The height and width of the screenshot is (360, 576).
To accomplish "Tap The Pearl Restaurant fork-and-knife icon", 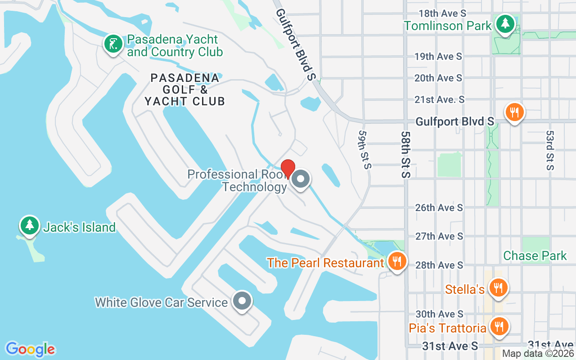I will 396,261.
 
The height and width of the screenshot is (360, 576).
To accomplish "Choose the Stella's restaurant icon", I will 498,288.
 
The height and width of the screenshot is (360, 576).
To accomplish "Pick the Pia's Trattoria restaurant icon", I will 498,327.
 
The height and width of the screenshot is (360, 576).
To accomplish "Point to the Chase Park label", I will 535,256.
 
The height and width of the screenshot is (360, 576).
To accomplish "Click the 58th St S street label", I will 406,154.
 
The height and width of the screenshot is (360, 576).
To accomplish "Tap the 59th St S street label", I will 365,150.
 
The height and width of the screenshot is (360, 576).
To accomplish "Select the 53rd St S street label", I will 549,151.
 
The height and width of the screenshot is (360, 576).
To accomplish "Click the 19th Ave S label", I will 438,56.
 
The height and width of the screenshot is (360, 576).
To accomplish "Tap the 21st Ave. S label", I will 439,99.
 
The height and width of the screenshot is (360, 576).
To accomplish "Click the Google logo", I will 30,349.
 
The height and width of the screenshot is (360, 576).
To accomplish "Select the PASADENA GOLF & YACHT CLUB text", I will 184,90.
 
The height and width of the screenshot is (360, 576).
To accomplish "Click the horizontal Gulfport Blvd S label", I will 454,121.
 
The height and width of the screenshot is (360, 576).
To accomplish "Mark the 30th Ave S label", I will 439,314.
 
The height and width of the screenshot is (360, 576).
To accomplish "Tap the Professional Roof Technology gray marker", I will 300,180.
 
